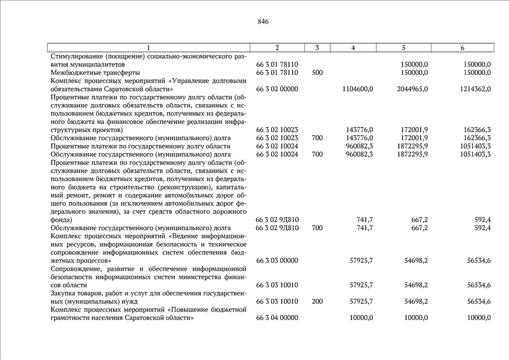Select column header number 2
(277, 47)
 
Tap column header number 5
(404, 47)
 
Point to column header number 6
(462, 47)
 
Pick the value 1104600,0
(358, 89)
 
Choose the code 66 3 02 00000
(277, 89)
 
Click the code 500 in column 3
(317, 73)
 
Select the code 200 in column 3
(317, 301)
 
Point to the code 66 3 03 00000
(277, 260)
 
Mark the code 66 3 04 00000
(277, 318)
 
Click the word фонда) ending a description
(61, 219)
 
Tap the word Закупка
(64, 293)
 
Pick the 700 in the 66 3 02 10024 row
(317, 154)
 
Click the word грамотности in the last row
(71, 318)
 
